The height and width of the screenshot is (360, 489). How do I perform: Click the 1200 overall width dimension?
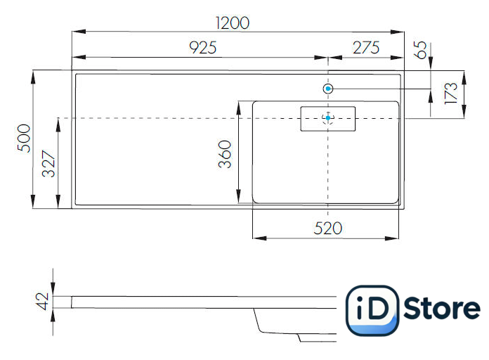click(x=233, y=23)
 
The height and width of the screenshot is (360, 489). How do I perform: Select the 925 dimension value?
click(x=203, y=48)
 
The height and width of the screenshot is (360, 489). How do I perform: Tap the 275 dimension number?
click(x=366, y=48)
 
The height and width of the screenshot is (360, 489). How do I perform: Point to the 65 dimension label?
click(x=420, y=50)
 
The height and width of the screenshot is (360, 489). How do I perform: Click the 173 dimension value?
click(x=450, y=93)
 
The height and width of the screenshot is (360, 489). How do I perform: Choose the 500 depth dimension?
click(x=24, y=139)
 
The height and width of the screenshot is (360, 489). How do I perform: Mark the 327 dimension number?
click(x=48, y=164)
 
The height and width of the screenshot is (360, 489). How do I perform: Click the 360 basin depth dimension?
click(x=225, y=154)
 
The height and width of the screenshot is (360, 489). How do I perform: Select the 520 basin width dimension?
click(x=328, y=229)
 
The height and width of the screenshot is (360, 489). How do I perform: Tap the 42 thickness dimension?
click(x=42, y=301)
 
